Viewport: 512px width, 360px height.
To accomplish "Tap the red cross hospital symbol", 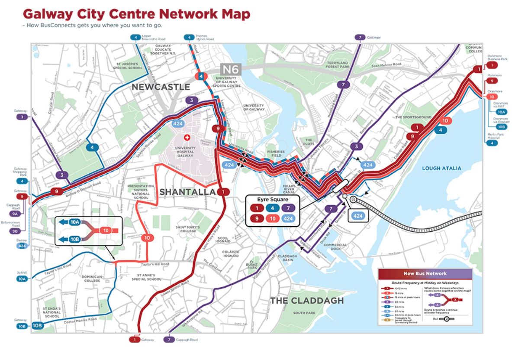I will click(187, 137).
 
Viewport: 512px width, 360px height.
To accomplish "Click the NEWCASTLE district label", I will click(161, 87).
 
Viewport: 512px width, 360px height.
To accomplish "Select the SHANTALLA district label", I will click(187, 191).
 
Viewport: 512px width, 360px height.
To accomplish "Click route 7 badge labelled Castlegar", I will click(359, 38).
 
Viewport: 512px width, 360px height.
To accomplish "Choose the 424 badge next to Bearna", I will click(22, 246).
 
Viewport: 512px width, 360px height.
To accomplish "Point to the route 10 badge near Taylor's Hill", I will click(148, 237).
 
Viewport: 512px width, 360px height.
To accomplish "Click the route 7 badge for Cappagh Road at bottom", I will click(170, 340).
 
